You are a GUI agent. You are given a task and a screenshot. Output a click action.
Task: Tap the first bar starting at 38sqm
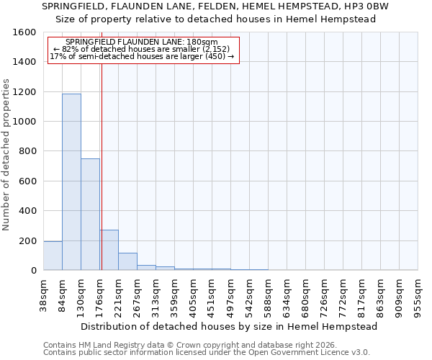pos(53,256)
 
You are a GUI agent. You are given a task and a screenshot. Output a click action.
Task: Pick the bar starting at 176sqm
pos(109,250)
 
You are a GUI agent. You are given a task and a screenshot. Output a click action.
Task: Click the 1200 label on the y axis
pos(27,92)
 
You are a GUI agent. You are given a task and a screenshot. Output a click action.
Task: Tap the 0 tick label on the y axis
pos(34,271)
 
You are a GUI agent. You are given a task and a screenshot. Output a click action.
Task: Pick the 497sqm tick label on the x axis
pos(230,295)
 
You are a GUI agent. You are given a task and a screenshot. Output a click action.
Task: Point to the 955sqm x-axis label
pos(418,295)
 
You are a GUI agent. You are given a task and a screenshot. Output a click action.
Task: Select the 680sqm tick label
pos(305,295)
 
